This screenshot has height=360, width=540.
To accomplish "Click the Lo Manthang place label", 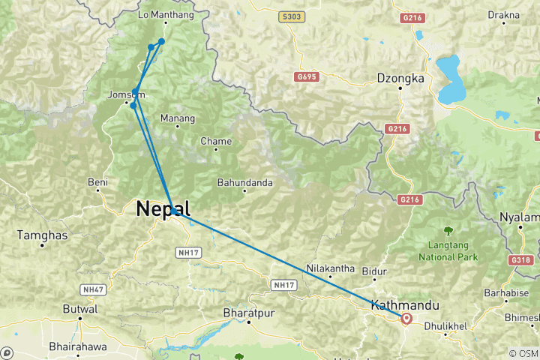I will coord(166,14).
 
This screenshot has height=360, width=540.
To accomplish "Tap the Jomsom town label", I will coord(124,95).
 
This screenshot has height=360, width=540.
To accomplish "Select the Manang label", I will coord(178,118).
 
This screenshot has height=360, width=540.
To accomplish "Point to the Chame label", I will coord(216,141).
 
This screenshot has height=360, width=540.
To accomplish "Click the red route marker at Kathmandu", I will coord(406,319).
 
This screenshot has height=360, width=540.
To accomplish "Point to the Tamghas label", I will coord(43,235).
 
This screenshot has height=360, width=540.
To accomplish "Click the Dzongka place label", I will coord(400,78).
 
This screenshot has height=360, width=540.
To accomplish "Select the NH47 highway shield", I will coord(91,289).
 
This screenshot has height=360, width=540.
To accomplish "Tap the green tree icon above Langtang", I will coord(448,229).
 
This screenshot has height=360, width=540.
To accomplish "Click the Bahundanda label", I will coord(244,181).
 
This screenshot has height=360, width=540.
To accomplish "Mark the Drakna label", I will coord(504,14).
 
